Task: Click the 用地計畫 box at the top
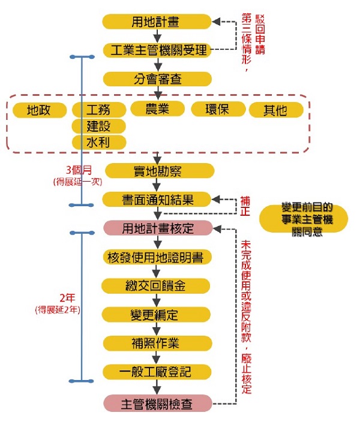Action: (157, 22)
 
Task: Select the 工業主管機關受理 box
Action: (157, 50)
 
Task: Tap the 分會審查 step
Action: (157, 79)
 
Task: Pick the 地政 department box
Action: (39, 110)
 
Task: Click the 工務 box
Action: (99, 110)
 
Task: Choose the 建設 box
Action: (99, 126)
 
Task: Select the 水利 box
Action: (99, 142)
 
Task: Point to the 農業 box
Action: (157, 108)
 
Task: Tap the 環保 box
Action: (218, 109)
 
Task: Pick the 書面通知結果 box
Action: (157, 200)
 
